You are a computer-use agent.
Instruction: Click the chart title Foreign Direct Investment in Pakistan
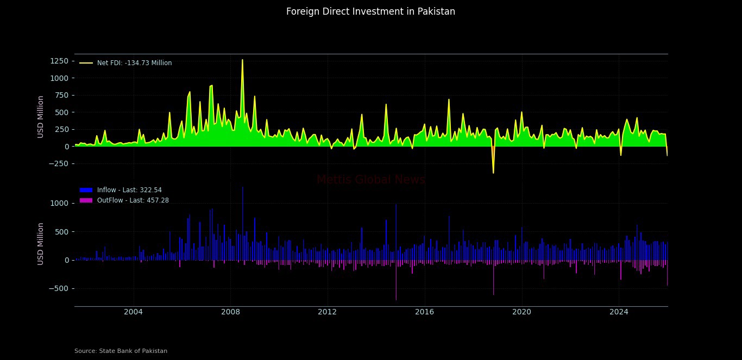click(370, 11)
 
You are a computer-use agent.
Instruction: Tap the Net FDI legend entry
click(134, 63)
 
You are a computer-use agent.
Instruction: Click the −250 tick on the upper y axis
click(58, 163)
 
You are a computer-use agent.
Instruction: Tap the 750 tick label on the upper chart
click(60, 96)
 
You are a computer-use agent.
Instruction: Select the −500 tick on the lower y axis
click(58, 288)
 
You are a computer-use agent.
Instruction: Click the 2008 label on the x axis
click(230, 312)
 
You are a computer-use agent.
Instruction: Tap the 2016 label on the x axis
click(424, 312)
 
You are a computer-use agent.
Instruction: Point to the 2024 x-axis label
click(619, 312)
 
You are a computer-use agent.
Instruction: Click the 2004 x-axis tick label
click(133, 312)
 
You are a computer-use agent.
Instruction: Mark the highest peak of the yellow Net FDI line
click(242, 60)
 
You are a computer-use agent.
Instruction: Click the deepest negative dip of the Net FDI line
click(493, 173)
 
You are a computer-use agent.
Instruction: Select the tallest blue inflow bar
click(242, 188)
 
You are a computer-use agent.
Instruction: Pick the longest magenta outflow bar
click(396, 299)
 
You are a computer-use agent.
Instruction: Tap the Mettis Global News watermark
click(370, 180)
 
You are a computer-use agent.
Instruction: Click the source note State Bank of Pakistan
click(121, 351)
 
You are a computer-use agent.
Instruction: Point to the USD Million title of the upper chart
click(41, 116)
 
